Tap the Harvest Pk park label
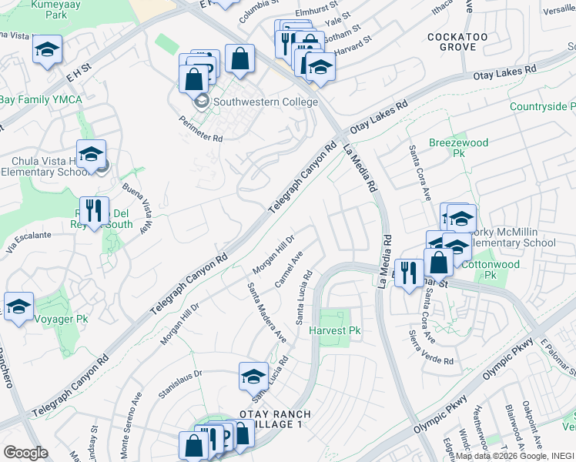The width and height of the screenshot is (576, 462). point(335,330)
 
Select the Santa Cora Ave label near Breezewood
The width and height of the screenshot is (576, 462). point(420,171)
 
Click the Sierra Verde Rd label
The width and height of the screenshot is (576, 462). point(430,349)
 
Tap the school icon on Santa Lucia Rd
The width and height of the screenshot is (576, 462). point(253,376)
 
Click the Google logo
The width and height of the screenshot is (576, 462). point(26,453)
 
